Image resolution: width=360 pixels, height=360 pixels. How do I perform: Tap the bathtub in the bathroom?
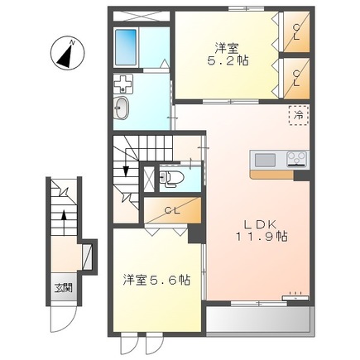pyautogui.click(x=127, y=48)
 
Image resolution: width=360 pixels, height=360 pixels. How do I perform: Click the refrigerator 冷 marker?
pyautogui.click(x=296, y=117)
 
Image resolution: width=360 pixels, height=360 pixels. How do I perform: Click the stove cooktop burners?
pyautogui.click(x=296, y=159)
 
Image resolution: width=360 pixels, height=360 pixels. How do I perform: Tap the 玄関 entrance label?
pyautogui.click(x=63, y=288)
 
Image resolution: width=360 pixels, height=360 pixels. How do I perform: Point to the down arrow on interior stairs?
pyautogui.click(x=125, y=169)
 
